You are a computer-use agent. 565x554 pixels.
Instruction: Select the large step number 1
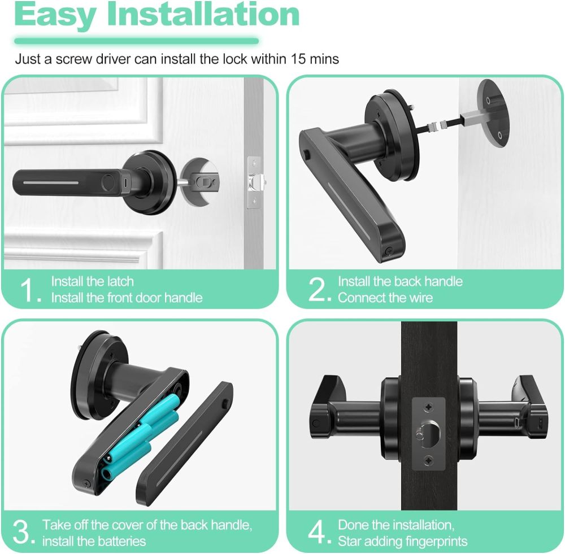pos(29,290)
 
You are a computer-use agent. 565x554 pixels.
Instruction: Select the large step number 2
pos(318,290)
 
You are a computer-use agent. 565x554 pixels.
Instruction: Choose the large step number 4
pos(318,533)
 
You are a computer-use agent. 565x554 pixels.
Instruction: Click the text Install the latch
pos(93,281)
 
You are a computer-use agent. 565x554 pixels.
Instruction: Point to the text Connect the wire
pos(385,298)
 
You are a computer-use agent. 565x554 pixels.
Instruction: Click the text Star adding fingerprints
pos(403,542)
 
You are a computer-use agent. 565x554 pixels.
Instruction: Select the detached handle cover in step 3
pos(184,442)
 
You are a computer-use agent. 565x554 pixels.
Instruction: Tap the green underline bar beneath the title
pos(136,41)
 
